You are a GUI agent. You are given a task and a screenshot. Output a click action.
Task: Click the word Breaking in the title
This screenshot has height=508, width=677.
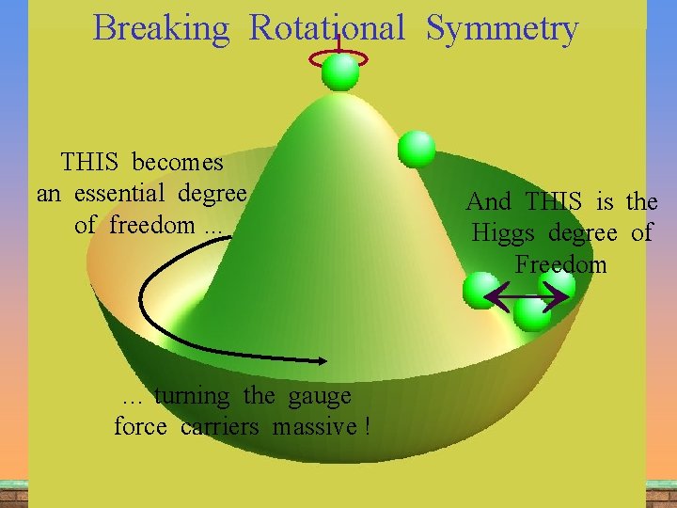(161, 29)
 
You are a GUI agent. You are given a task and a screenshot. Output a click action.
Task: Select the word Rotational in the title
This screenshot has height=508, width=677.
(326, 29)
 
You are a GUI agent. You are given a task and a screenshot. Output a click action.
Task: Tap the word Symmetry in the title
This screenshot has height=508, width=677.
(501, 29)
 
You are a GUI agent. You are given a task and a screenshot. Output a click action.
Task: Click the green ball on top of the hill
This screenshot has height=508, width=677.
(339, 71)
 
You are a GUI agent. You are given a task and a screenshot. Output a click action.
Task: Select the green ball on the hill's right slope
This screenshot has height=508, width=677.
(417, 150)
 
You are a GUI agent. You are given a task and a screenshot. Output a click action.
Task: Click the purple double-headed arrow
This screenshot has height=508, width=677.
(527, 298)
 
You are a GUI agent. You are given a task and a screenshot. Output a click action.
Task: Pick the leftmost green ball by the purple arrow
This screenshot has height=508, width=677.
(481, 291)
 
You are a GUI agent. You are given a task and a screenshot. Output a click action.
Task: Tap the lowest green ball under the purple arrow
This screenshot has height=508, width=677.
(532, 313)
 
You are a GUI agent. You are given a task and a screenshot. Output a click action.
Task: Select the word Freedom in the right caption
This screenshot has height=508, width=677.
(560, 264)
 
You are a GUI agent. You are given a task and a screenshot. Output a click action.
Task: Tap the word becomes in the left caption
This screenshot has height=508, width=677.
(178, 163)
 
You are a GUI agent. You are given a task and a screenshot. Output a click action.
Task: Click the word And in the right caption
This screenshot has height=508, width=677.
(489, 201)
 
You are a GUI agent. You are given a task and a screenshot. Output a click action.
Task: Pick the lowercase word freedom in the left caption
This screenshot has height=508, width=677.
(152, 226)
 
